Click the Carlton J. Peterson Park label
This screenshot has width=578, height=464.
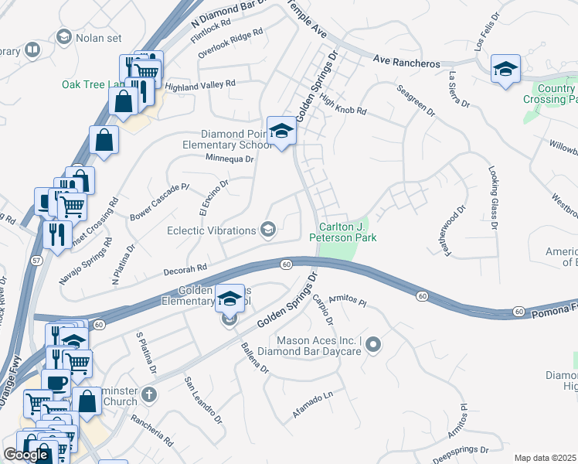coord(348,232)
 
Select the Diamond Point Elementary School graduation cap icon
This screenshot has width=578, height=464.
coord(282,131)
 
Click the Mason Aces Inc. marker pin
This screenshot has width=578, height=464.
coord(374,344)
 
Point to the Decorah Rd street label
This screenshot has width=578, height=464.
coord(185,270)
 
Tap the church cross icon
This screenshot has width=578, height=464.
coord(150,395)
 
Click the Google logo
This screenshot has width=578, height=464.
coord(25,454)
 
